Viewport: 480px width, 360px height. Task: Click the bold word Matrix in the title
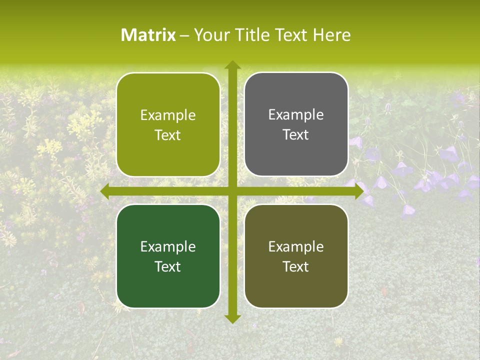(x=148, y=35)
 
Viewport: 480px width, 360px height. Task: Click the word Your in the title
(x=211, y=35)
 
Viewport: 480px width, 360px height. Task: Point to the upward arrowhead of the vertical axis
(x=232, y=65)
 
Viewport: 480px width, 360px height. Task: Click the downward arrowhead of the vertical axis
(x=232, y=318)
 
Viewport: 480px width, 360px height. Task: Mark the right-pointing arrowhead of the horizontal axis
(x=358, y=191)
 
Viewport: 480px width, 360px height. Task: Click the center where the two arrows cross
(x=232, y=191)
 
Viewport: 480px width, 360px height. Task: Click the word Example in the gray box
(x=296, y=115)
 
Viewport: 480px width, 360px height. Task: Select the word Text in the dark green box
(x=168, y=266)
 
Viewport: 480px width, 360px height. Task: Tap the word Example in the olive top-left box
(x=168, y=115)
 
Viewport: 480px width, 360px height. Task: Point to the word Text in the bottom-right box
(x=296, y=266)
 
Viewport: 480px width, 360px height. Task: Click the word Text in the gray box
(x=296, y=135)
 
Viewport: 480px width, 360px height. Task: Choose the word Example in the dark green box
(x=168, y=246)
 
